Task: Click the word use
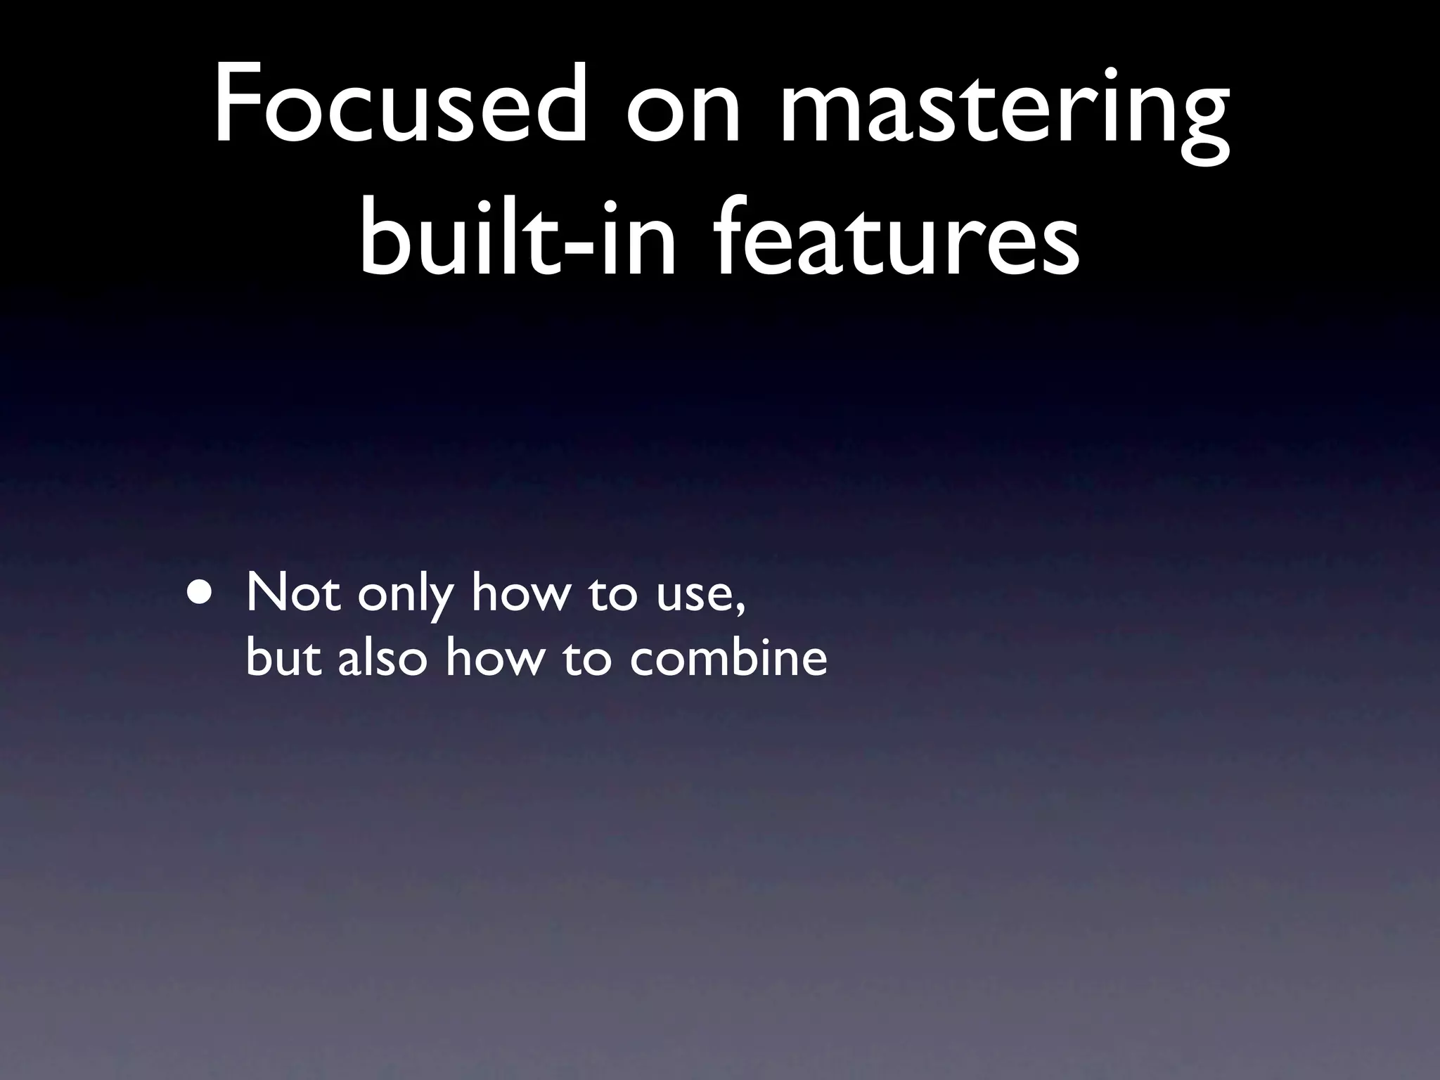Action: [693, 598]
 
